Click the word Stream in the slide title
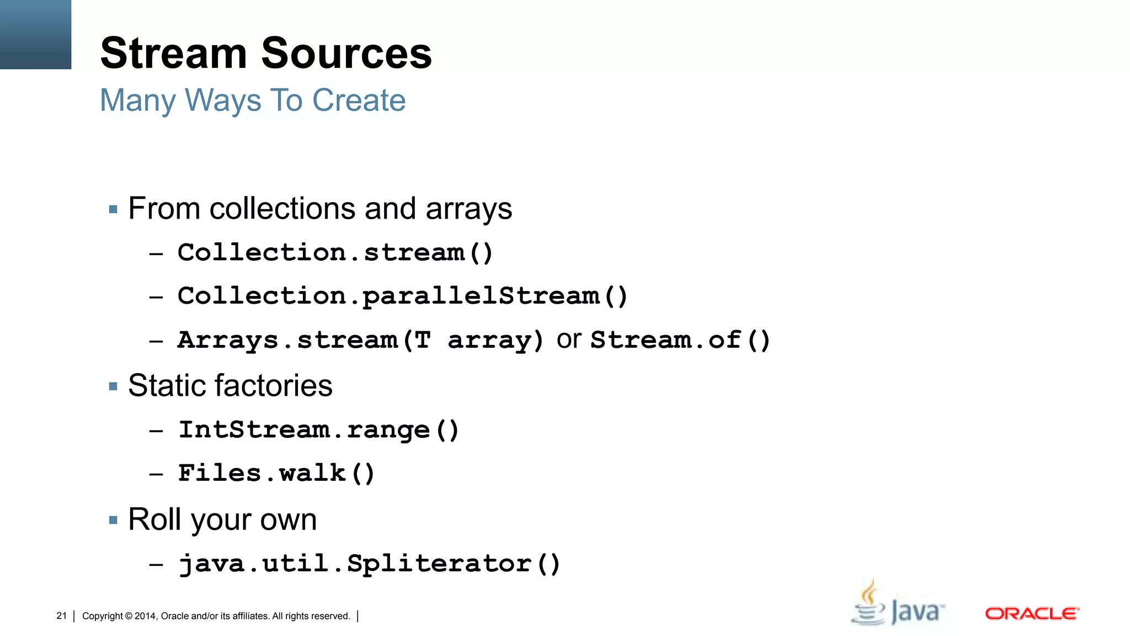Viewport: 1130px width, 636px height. point(173,53)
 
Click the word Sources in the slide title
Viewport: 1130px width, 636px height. point(347,53)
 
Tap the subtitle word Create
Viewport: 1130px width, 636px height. point(359,100)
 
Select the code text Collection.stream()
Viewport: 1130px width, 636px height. point(335,253)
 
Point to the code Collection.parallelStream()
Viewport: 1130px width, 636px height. point(402,296)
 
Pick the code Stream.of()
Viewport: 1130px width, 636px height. point(680,340)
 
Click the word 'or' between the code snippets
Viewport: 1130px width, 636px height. point(568,339)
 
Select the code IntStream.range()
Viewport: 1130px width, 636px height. point(318,430)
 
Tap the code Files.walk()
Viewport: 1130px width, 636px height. point(276,474)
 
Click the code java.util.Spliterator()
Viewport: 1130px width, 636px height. point(369,564)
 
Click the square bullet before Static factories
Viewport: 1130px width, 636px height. point(114,386)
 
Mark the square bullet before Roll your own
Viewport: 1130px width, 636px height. point(114,520)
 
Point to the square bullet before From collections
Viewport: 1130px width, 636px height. point(114,209)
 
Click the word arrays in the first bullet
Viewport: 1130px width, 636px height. point(468,209)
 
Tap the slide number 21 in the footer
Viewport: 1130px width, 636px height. point(61,616)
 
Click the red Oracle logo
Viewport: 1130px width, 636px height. point(1032,613)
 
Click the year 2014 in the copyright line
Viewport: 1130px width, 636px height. point(146,616)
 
